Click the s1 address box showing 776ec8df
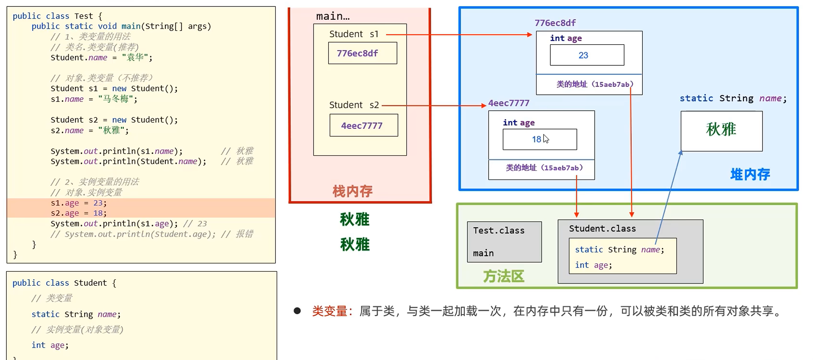[362, 53]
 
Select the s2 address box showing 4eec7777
[364, 125]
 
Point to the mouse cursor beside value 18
[546, 139]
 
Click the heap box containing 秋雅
[721, 131]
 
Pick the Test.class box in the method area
[504, 242]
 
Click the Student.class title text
[602, 228]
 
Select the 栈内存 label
[352, 191]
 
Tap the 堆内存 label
[750, 174]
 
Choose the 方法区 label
[504, 276]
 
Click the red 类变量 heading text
[329, 311]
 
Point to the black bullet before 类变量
[297, 311]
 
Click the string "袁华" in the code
[135, 58]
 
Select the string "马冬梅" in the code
[116, 99]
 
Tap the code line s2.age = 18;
[79, 213]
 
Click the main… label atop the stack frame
[333, 16]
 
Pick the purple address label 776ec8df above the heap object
[555, 23]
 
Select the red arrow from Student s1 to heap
[458, 34]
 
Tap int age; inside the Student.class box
[593, 265]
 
